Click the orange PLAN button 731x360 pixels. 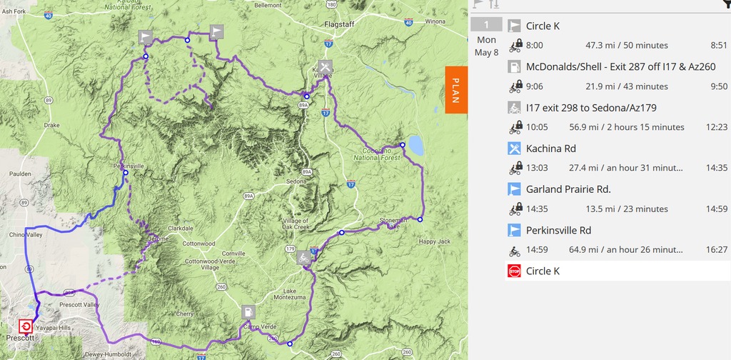click(455, 90)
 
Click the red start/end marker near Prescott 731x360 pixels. click(26, 326)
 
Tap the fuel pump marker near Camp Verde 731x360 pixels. click(247, 312)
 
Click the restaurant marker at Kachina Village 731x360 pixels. click(317, 69)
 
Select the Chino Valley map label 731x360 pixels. click(25, 234)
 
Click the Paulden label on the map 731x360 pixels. click(21, 174)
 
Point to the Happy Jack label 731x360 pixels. click(435, 241)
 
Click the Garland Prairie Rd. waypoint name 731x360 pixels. click(568, 189)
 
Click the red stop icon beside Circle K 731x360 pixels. click(514, 271)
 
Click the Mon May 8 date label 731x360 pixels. click(486, 46)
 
